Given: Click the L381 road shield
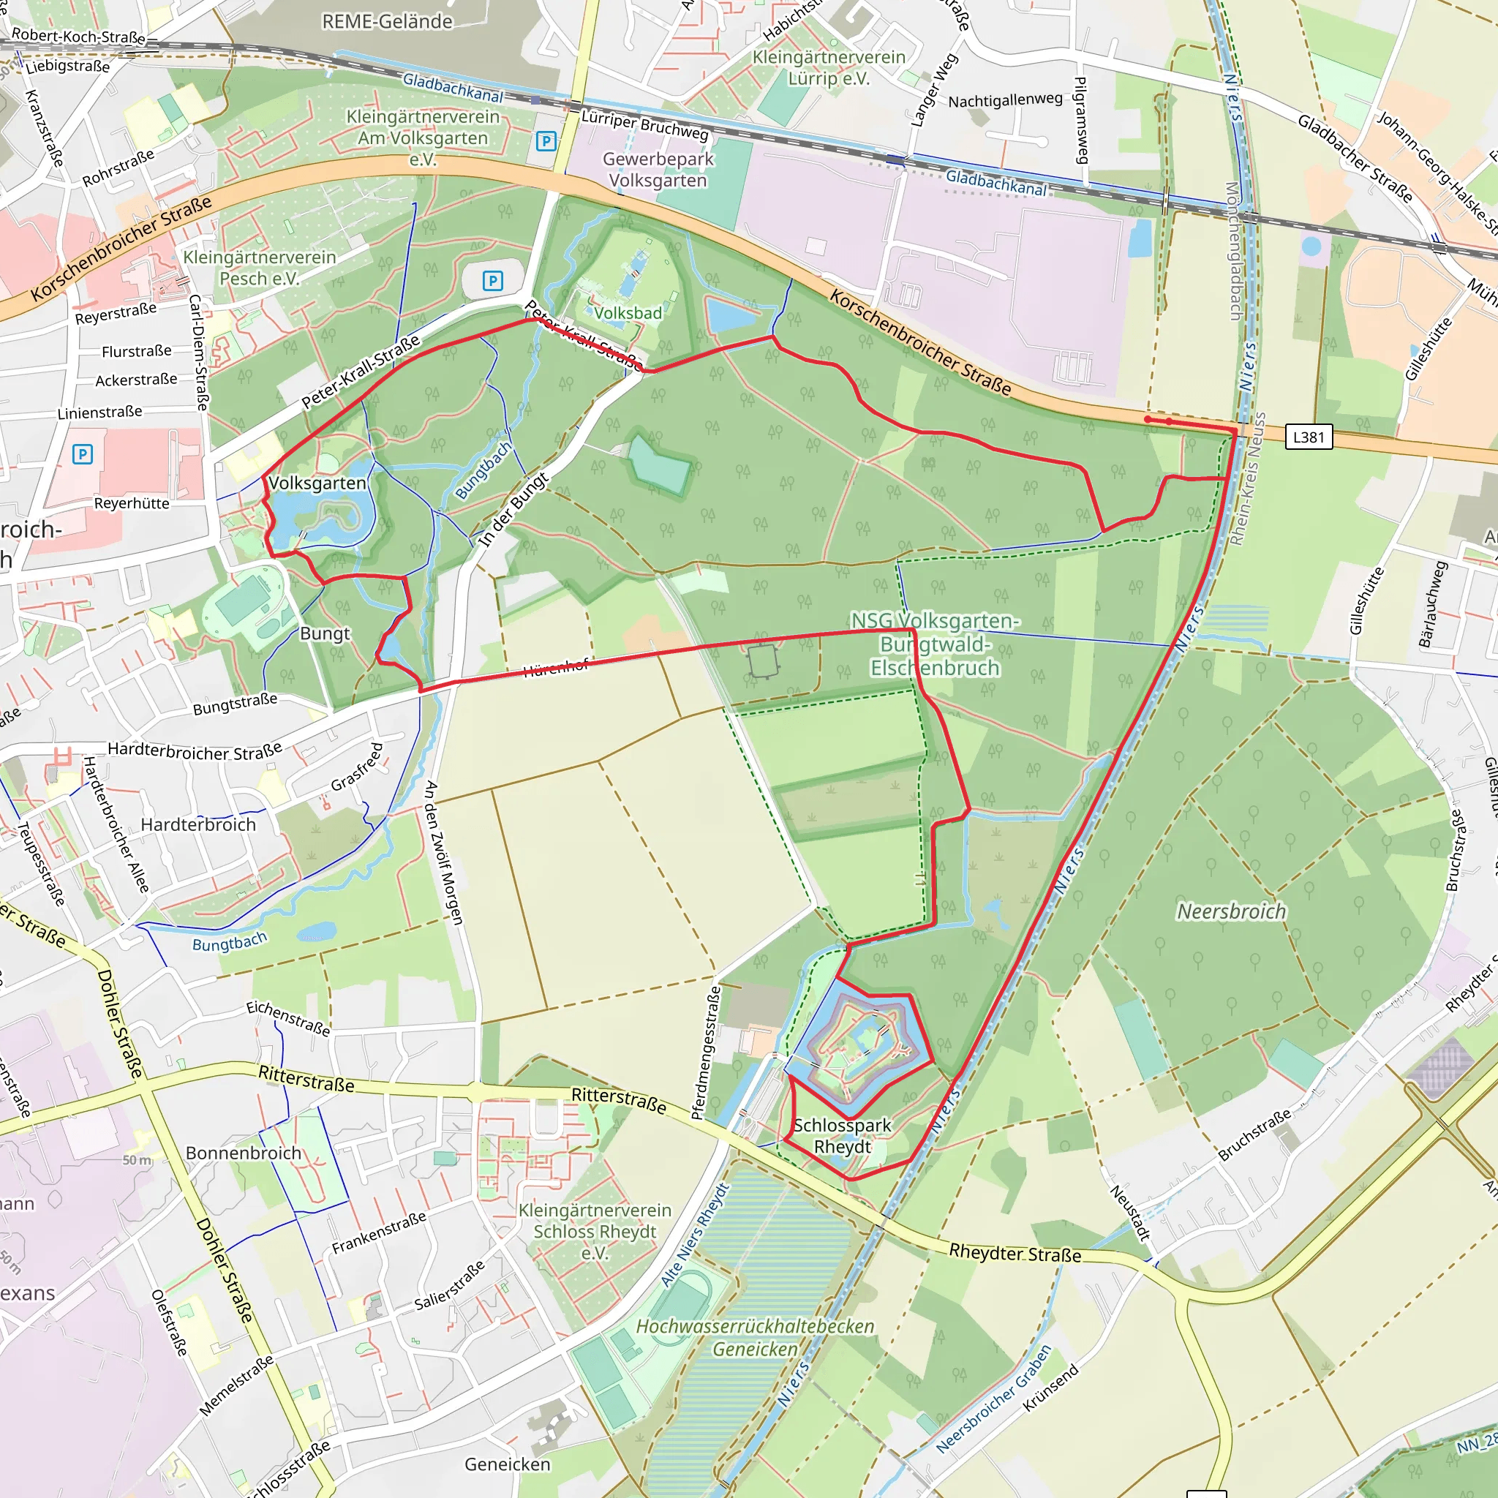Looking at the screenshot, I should [x=1308, y=437].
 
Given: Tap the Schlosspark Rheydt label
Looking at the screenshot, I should [x=842, y=1136].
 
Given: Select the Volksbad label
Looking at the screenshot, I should [x=628, y=313].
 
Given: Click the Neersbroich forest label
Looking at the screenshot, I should [x=1231, y=912].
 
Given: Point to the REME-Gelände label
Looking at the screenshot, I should [x=387, y=22].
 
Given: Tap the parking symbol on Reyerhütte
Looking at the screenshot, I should [x=82, y=453].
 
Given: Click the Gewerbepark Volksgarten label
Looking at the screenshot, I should [x=658, y=170].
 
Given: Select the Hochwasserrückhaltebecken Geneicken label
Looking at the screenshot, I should [x=754, y=1338].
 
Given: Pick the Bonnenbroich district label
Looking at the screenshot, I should [x=244, y=1153].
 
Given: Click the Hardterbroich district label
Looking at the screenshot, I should [x=197, y=824].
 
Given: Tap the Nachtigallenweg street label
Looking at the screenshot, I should [x=1005, y=100].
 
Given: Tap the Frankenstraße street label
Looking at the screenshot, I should [x=379, y=1232].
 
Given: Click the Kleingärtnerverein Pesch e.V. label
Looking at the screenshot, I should [x=260, y=268].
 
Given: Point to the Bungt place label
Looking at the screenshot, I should [x=325, y=633].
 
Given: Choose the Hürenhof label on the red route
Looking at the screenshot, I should [x=556, y=668].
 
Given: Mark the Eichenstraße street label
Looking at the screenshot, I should [x=288, y=1018].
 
